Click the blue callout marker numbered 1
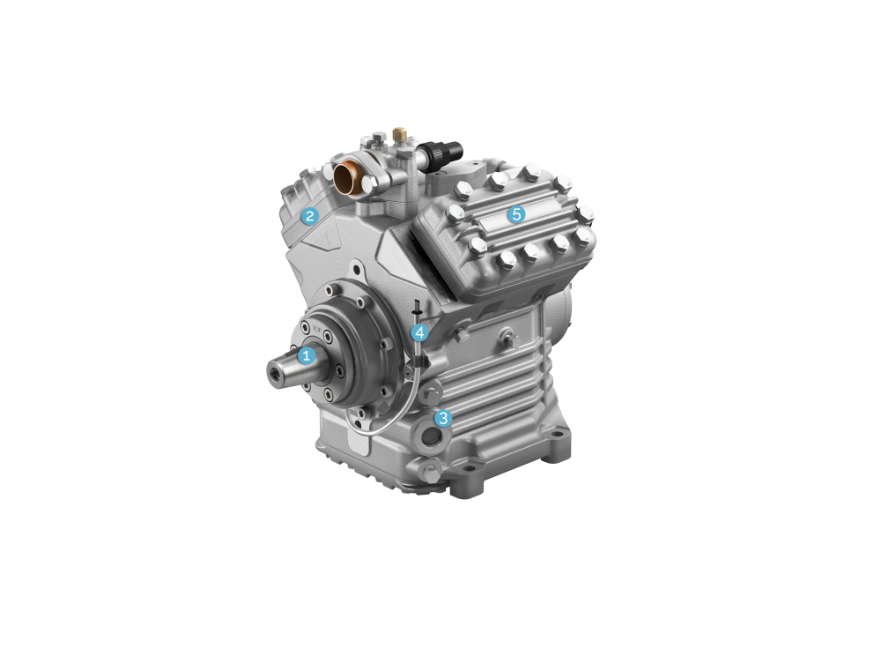pyautogui.click(x=307, y=356)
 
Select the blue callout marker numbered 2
pyautogui.click(x=310, y=216)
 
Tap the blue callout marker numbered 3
pyautogui.click(x=443, y=418)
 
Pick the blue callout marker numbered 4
pyautogui.click(x=419, y=333)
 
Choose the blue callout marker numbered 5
pyautogui.click(x=516, y=213)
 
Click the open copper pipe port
pyautogui.click(x=347, y=175)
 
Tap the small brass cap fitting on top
pyautogui.click(x=399, y=133)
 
